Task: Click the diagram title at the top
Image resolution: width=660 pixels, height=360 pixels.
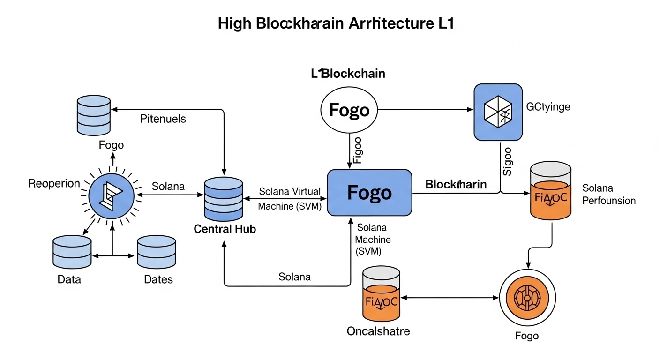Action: tap(336, 24)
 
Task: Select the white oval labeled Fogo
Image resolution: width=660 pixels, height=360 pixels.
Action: tap(349, 110)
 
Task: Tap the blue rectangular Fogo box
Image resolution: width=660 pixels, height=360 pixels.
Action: tap(369, 193)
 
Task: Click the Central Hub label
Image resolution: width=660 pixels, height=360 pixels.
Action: tap(225, 229)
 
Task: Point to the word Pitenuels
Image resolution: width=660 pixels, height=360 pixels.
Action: tap(163, 119)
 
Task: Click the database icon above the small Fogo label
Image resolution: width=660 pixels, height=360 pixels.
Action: tap(93, 113)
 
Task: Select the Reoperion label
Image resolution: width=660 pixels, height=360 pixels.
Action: tap(54, 183)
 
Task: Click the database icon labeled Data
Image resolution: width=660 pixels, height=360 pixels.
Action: tap(72, 252)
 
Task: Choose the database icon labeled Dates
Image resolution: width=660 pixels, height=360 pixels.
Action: tap(156, 252)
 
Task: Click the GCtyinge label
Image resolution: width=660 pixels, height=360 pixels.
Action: tap(548, 107)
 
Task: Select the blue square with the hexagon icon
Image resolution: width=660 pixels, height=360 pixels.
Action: tap(498, 112)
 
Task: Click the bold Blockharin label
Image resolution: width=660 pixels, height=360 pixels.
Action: tap(456, 185)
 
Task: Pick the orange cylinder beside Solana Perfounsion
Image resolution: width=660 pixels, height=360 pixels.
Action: tap(550, 191)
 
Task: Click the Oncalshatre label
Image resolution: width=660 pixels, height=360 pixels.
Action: tap(378, 331)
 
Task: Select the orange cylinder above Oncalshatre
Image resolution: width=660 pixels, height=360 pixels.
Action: tap(381, 294)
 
